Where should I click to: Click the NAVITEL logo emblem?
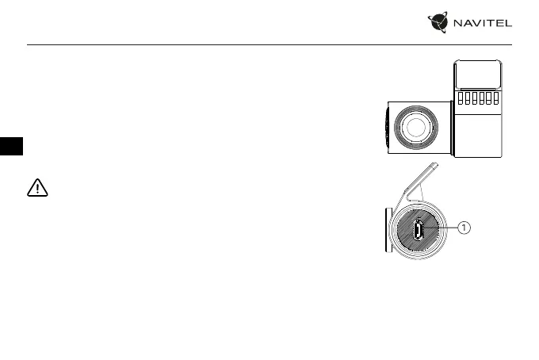pos(442,25)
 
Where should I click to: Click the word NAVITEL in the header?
pos(483,25)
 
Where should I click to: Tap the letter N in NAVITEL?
pos(459,25)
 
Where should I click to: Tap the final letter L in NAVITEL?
pos(507,25)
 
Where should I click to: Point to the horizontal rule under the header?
pos(269,45)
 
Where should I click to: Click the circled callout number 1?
pos(464,228)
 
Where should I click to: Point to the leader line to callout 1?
pos(442,228)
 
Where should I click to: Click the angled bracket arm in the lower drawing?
pos(419,183)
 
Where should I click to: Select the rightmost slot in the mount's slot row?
pos(495,99)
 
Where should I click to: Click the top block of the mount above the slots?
pos(477,75)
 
